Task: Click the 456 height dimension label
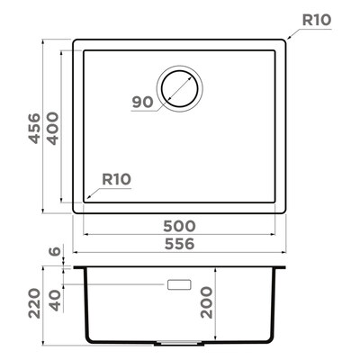pyautogui.click(x=35, y=128)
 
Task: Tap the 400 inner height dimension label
pyautogui.click(x=53, y=129)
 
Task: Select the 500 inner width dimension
pyautogui.click(x=179, y=226)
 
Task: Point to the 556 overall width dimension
pyautogui.click(x=179, y=244)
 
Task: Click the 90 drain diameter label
pyautogui.click(x=143, y=103)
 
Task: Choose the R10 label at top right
pyautogui.click(x=317, y=21)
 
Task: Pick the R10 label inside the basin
pyautogui.click(x=117, y=179)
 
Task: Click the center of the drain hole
pyautogui.click(x=179, y=89)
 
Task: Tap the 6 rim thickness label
pyautogui.click(x=55, y=251)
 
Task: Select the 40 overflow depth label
pyautogui.click(x=55, y=301)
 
